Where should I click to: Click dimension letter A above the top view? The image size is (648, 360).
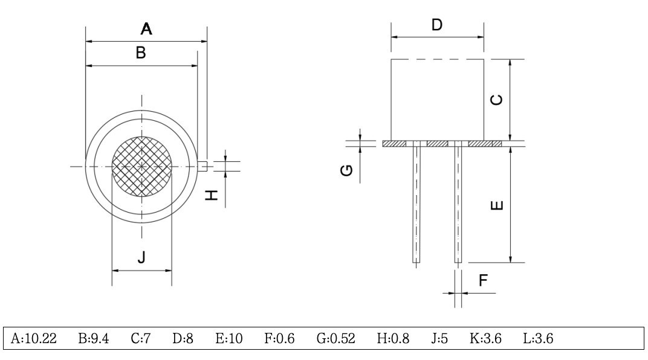click(x=146, y=28)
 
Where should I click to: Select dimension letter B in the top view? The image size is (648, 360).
click(x=140, y=53)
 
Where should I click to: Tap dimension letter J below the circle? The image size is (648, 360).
click(x=141, y=258)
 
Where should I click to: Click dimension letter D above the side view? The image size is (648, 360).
click(x=437, y=25)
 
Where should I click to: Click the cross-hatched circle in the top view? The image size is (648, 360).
click(x=142, y=166)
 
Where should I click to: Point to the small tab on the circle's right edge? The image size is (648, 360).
click(x=203, y=166)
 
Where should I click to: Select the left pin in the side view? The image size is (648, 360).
click(x=417, y=202)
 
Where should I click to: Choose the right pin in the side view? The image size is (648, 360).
click(x=458, y=202)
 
